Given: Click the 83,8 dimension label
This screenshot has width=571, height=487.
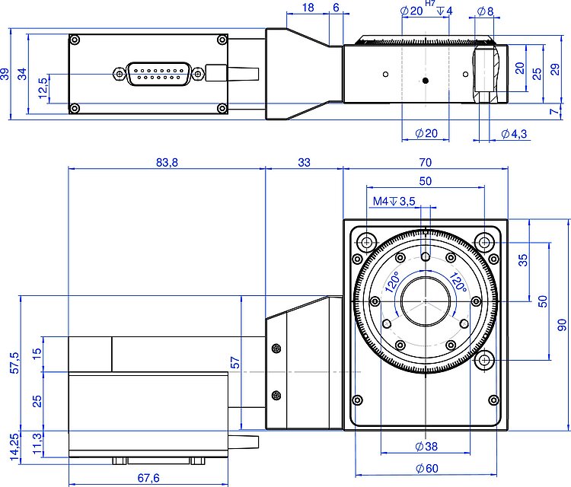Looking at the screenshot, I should tap(166, 162).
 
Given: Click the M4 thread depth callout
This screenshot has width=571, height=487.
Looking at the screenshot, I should tap(394, 201).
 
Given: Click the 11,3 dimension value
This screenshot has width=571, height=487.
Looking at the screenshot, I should tap(37, 441).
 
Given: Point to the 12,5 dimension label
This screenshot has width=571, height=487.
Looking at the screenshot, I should tap(42, 86).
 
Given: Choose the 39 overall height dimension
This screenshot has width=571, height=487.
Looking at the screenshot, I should tap(5, 75).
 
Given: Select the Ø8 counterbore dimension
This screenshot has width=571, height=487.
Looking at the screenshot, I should tap(485, 11).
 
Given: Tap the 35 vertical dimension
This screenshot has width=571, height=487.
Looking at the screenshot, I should tap(522, 259).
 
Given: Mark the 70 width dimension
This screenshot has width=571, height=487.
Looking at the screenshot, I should tap(425, 162).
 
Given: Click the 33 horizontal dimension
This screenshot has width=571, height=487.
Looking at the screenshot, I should tap(304, 162).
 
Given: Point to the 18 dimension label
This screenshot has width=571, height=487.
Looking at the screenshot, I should tap(308, 7).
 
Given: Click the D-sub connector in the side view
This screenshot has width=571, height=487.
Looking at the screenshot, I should tap(158, 74).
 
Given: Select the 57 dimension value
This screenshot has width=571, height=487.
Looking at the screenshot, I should tap(234, 363).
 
